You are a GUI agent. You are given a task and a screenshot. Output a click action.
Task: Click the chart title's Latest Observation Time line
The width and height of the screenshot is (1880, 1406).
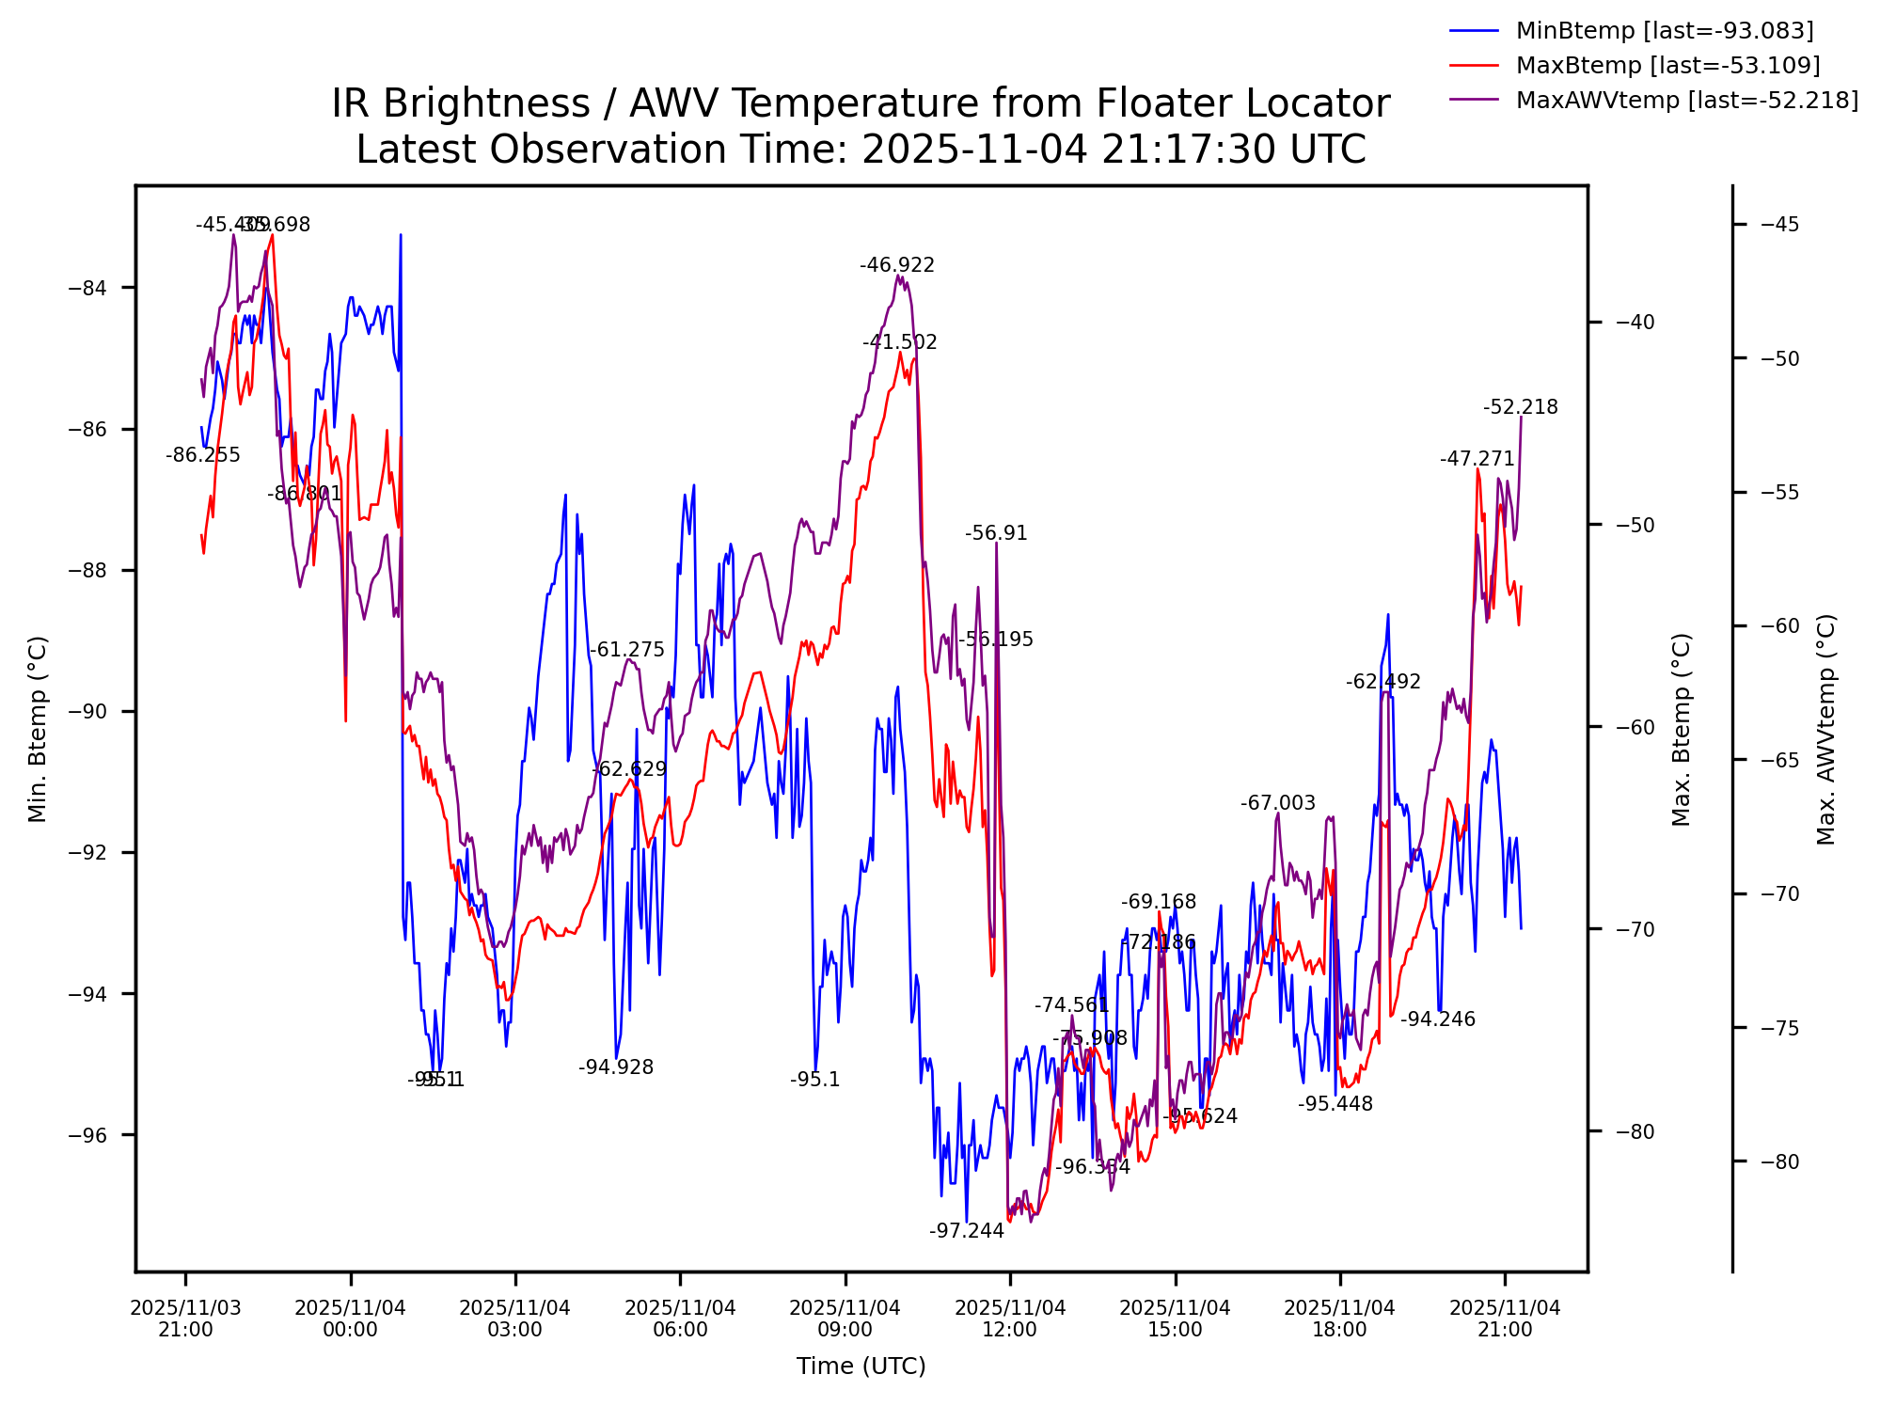tap(861, 150)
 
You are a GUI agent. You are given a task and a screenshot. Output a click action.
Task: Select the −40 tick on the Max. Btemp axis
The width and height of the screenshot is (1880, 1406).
tap(1635, 323)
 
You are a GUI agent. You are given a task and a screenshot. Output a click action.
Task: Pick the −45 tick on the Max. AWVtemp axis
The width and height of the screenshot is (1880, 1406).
tap(1779, 225)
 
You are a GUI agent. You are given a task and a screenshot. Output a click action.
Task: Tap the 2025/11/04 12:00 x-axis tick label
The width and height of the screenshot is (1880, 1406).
tap(1010, 1319)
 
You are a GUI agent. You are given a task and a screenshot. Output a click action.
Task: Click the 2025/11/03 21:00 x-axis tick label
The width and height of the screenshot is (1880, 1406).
tap(185, 1319)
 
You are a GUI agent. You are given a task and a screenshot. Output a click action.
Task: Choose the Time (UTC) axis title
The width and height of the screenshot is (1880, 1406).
tap(861, 1367)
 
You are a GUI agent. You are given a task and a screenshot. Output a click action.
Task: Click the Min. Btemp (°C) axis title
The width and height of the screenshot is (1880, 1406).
tap(38, 729)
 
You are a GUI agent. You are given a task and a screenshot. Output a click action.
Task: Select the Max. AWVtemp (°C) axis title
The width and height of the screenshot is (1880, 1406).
tap(1826, 729)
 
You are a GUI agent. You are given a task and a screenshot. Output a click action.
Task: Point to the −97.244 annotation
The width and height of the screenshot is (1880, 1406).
tap(967, 1231)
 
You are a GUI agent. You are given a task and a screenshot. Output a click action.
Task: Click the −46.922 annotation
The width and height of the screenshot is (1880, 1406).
tap(897, 266)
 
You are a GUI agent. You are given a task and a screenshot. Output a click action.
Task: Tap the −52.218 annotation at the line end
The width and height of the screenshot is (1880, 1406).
tap(1521, 408)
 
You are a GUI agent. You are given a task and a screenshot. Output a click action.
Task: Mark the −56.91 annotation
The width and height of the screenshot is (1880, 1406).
tap(996, 534)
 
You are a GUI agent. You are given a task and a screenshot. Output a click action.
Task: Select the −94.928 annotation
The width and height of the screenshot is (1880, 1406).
tap(616, 1067)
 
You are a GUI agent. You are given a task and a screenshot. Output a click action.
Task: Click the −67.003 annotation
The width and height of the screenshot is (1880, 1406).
tap(1277, 803)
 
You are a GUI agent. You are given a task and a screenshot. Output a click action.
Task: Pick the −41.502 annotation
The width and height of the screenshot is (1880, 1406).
tap(900, 343)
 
